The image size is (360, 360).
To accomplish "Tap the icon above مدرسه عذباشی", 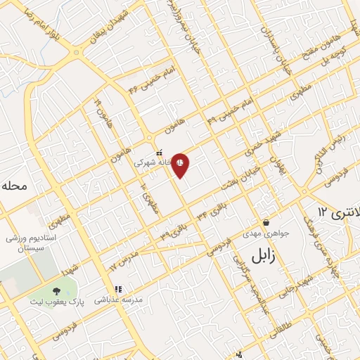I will (x=119, y=288).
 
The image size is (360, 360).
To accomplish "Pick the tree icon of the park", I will (x=56, y=290).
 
